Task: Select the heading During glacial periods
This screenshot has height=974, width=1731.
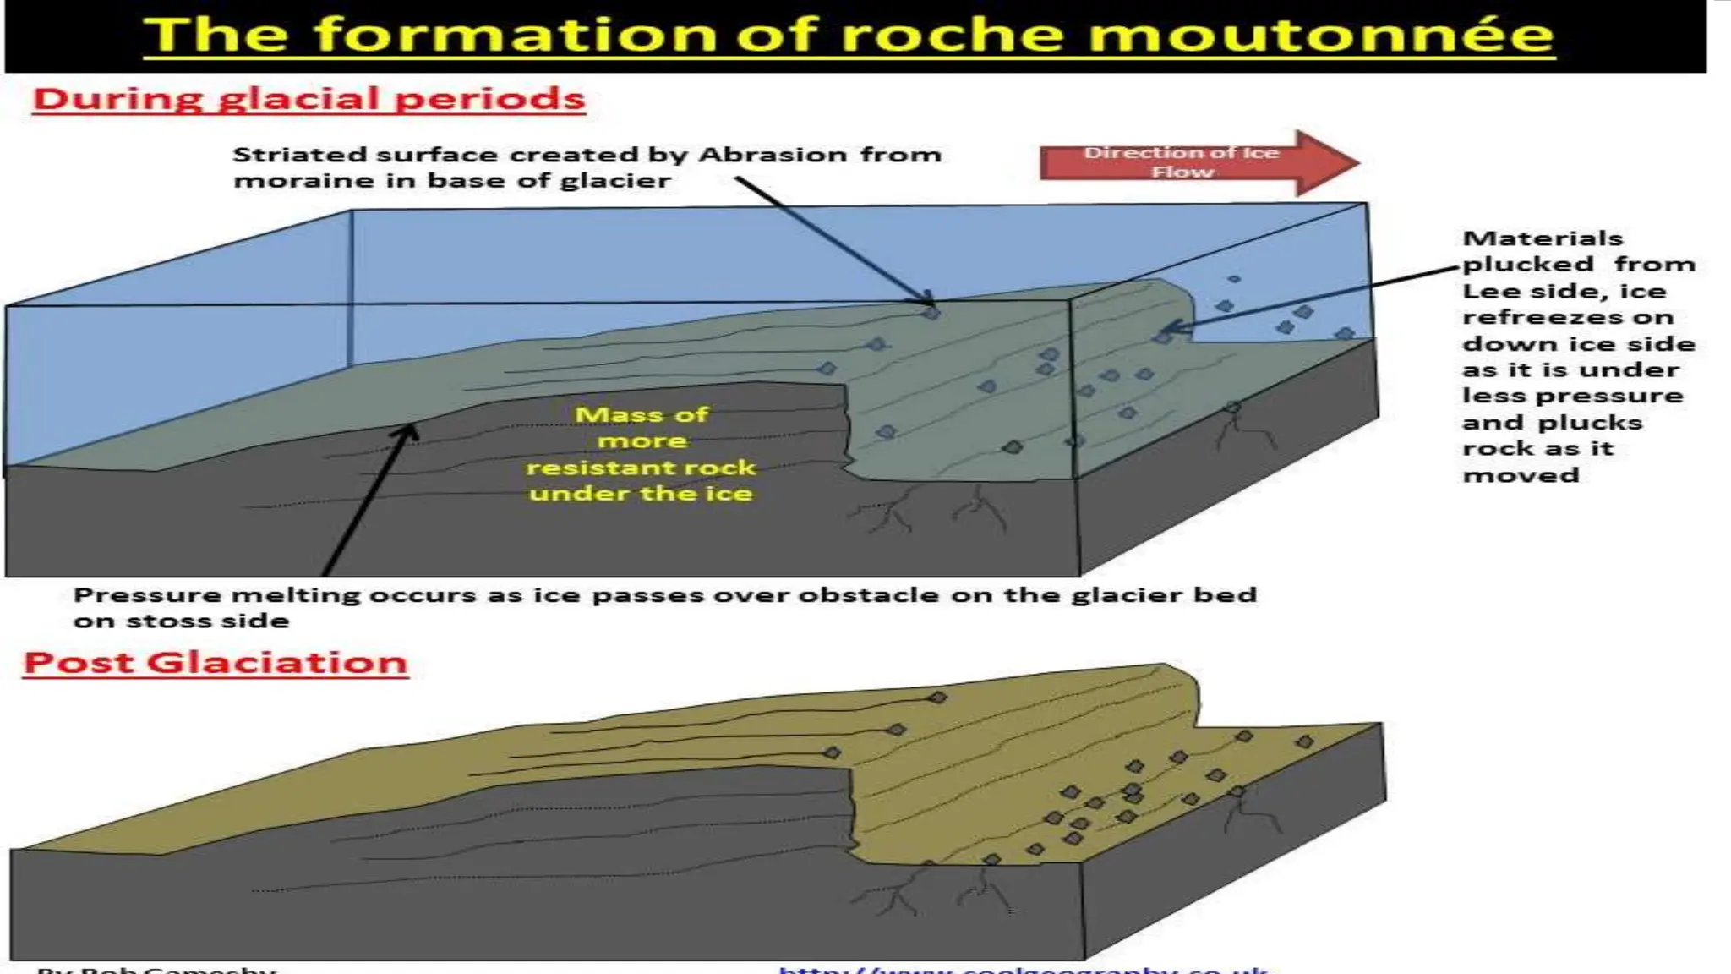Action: click(x=309, y=99)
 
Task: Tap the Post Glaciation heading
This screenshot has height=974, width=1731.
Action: click(x=216, y=662)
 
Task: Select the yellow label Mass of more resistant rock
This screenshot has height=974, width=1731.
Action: click(x=641, y=453)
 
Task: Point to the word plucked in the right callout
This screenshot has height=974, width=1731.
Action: click(x=1527, y=265)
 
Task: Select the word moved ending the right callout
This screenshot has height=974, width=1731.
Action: click(x=1521, y=475)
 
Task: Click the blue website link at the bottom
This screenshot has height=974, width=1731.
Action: click(x=1023, y=969)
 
